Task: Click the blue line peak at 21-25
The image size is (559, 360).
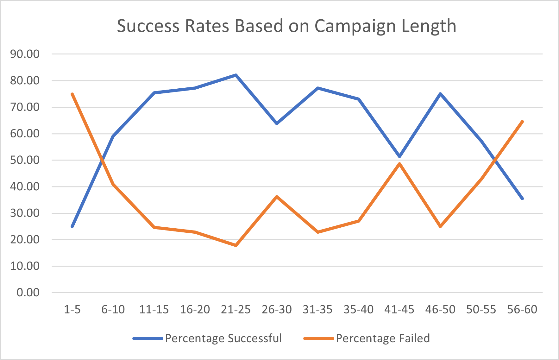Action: tap(236, 75)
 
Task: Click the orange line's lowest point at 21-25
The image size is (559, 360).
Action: tap(236, 245)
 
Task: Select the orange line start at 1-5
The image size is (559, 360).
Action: tap(72, 94)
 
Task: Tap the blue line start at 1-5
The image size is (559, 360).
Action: tap(72, 226)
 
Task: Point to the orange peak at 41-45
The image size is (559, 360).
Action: tap(399, 164)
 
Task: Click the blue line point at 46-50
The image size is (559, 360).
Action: tap(440, 94)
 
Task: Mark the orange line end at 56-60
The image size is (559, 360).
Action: tap(522, 122)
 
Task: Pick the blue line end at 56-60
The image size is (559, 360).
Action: tap(522, 199)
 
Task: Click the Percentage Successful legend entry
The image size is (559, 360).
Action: tap(223, 338)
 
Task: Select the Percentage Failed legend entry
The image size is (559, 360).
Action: tap(382, 338)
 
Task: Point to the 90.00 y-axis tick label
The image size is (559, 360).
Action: tap(25, 54)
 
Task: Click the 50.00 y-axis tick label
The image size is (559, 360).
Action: tap(25, 160)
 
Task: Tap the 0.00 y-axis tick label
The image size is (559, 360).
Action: tap(28, 292)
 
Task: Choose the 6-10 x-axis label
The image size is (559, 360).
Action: tap(113, 309)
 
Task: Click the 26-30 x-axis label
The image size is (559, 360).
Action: tap(277, 309)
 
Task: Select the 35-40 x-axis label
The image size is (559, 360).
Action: tap(358, 309)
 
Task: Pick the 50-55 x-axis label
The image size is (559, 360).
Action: tap(481, 309)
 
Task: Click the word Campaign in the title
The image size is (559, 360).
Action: tap(355, 26)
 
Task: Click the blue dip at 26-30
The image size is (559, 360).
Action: tap(277, 123)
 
